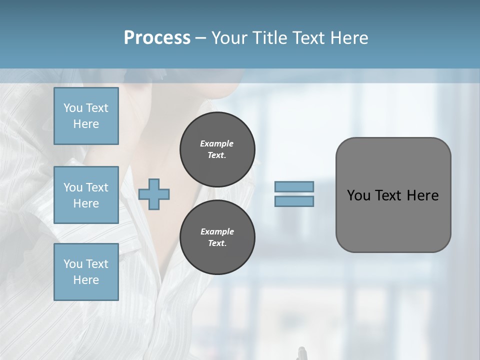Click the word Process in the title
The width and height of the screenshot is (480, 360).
(157, 37)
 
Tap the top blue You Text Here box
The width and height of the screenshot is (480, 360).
(86, 116)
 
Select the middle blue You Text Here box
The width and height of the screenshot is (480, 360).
(86, 195)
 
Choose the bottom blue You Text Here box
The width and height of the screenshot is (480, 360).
(86, 272)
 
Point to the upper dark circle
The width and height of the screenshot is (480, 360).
(217, 149)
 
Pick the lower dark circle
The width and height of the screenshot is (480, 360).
(217, 237)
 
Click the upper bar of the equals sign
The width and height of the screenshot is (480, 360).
(294, 186)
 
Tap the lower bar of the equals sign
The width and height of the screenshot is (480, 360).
(294, 201)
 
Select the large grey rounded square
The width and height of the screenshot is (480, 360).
(393, 195)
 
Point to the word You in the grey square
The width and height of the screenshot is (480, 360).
(358, 195)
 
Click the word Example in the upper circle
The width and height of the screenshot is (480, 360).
(217, 143)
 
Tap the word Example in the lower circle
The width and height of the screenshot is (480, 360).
(217, 231)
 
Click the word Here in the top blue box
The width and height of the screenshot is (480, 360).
(86, 124)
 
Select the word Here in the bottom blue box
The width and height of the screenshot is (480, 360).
(86, 280)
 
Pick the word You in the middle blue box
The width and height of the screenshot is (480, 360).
(72, 187)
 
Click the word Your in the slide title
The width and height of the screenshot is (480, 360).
(230, 37)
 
